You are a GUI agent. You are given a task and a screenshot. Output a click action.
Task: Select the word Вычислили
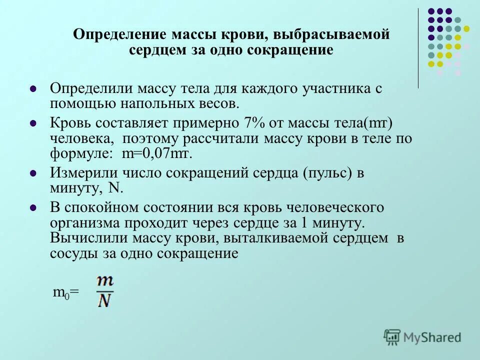[82, 238]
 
